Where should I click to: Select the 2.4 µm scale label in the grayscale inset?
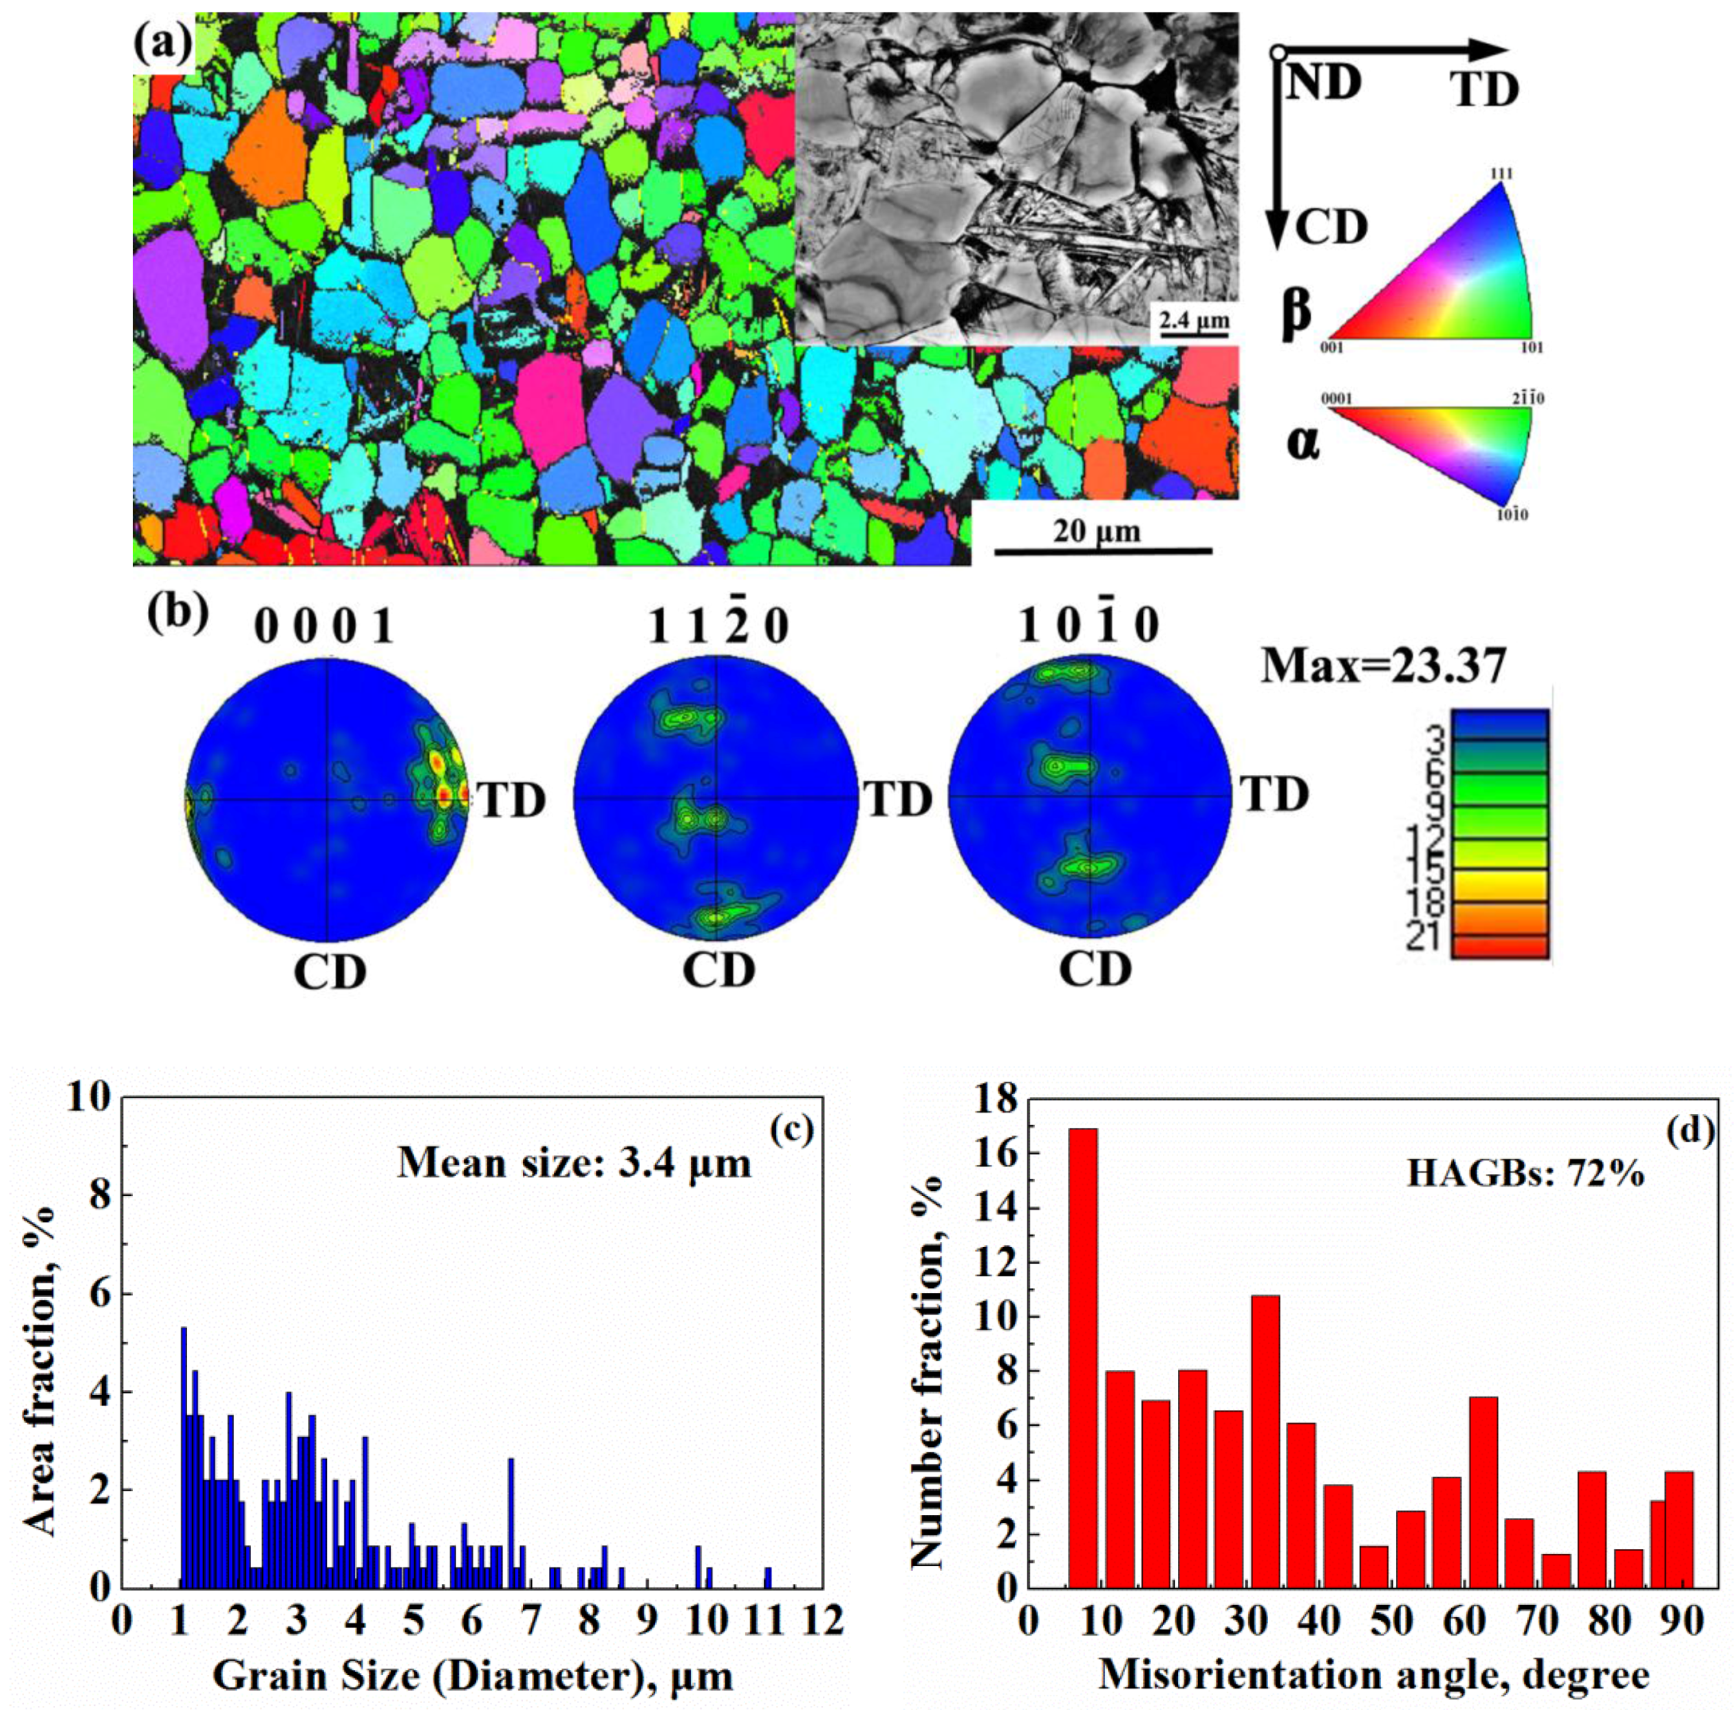point(1192,321)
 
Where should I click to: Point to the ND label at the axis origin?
point(1323,83)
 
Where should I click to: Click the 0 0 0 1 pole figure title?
point(324,626)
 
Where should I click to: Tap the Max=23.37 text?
point(1383,665)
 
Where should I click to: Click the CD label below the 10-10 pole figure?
point(1094,969)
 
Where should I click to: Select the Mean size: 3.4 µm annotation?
point(574,1163)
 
